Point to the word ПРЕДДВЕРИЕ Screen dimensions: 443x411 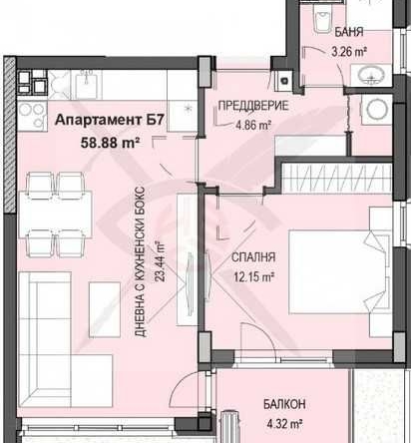pos(252,106)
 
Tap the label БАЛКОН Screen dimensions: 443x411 pos(285,403)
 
